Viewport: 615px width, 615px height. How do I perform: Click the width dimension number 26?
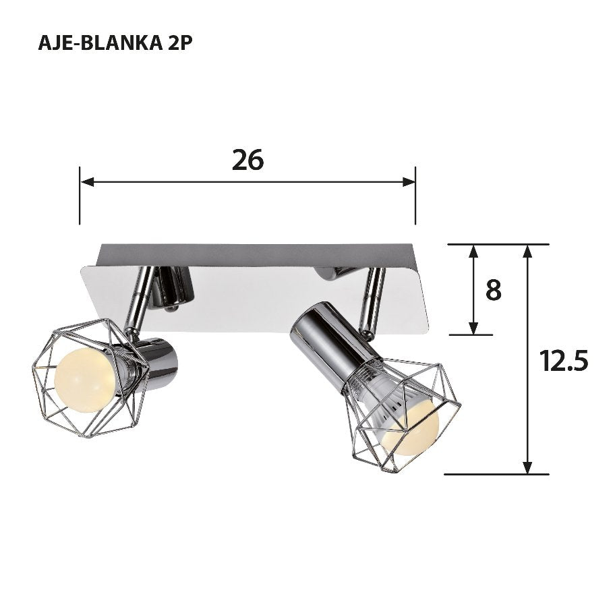coord(247,160)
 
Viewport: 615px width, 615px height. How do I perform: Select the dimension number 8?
coord(493,290)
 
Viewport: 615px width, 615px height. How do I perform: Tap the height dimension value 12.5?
coord(564,361)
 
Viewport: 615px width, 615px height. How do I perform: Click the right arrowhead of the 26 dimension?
coord(409,181)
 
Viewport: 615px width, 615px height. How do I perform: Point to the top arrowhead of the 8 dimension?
coord(473,252)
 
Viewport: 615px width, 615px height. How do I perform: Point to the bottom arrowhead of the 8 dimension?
coord(473,327)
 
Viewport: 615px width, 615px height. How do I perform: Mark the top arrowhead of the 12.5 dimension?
coord(528,252)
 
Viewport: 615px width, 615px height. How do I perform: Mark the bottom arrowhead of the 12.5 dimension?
coord(528,467)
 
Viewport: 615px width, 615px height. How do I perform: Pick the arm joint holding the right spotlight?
coord(371,303)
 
